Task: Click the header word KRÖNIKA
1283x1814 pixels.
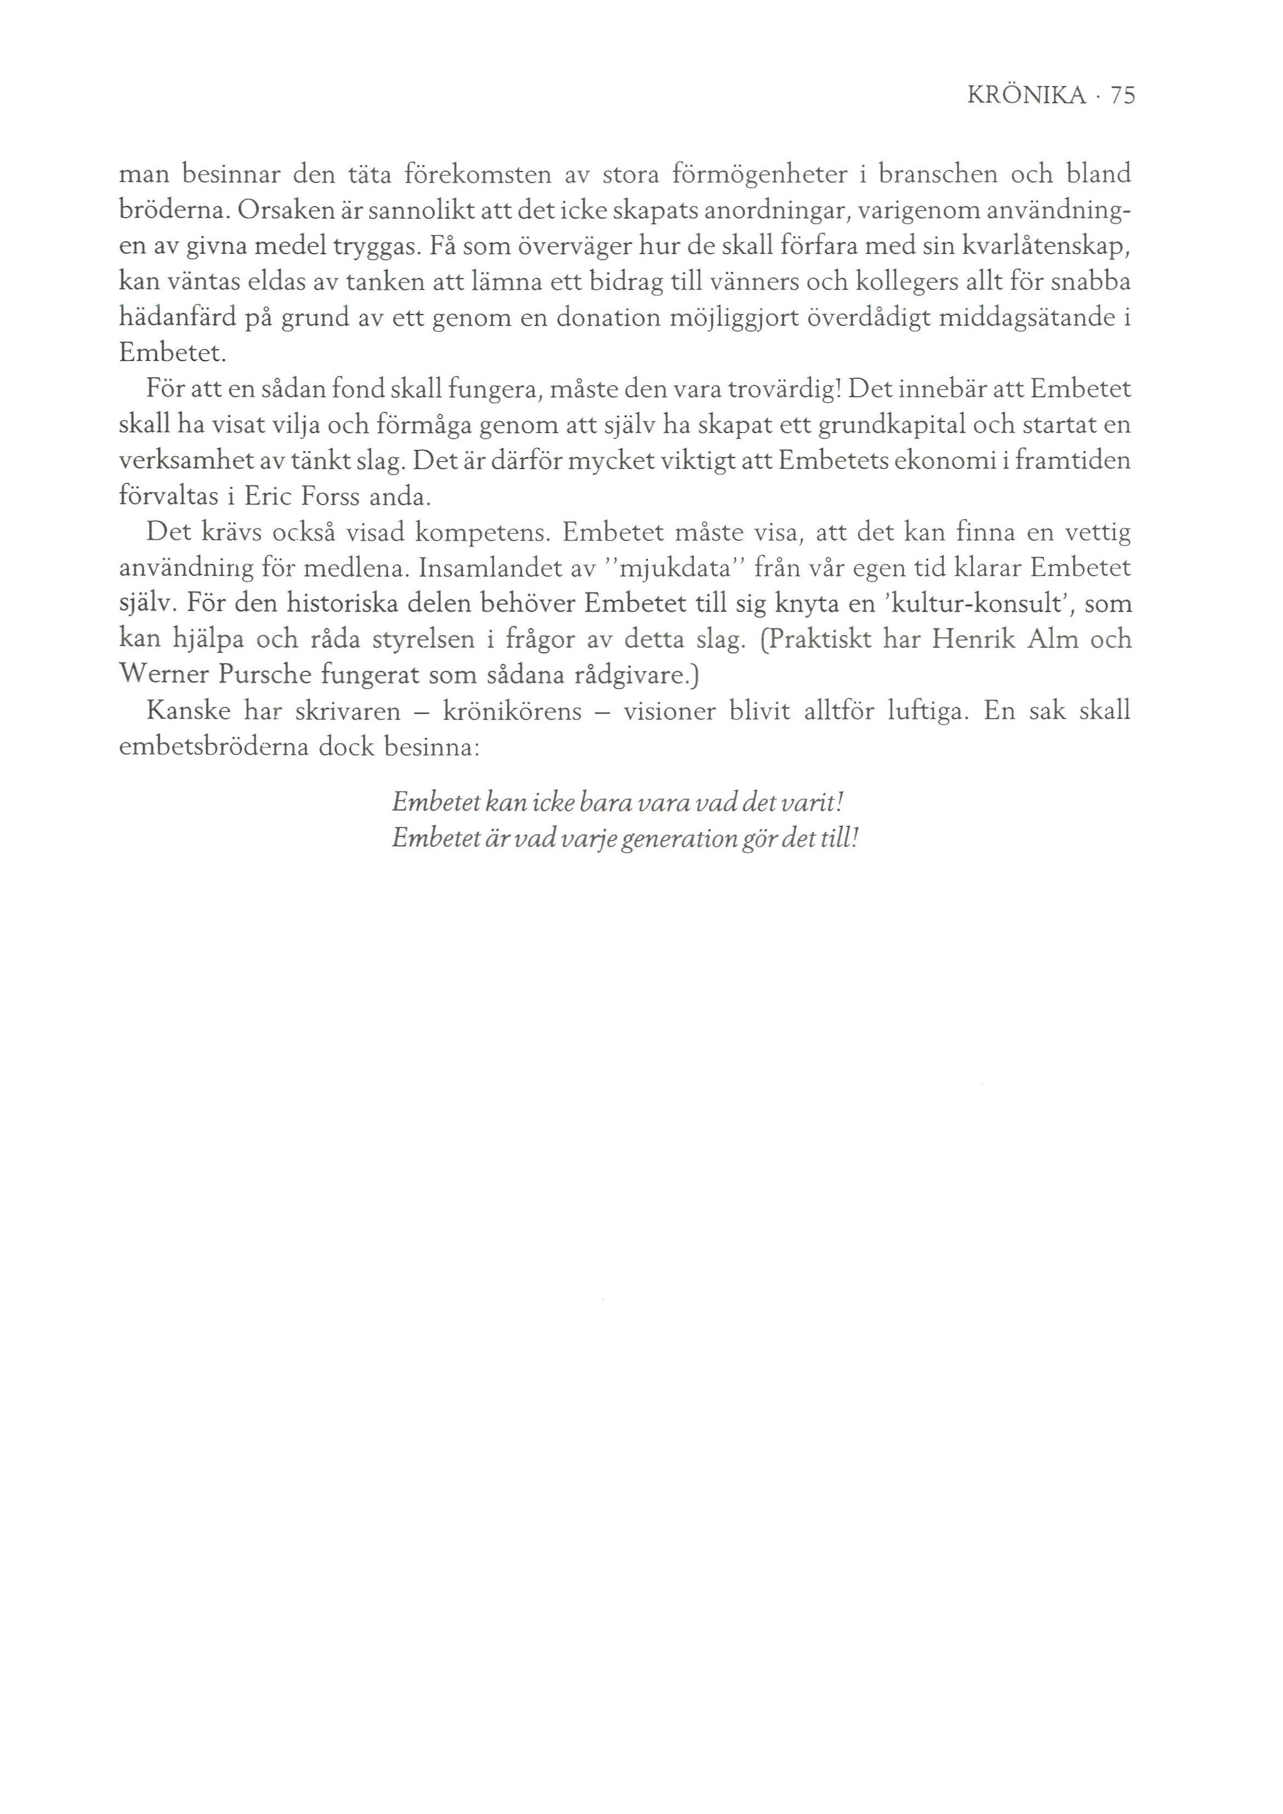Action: [1026, 96]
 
